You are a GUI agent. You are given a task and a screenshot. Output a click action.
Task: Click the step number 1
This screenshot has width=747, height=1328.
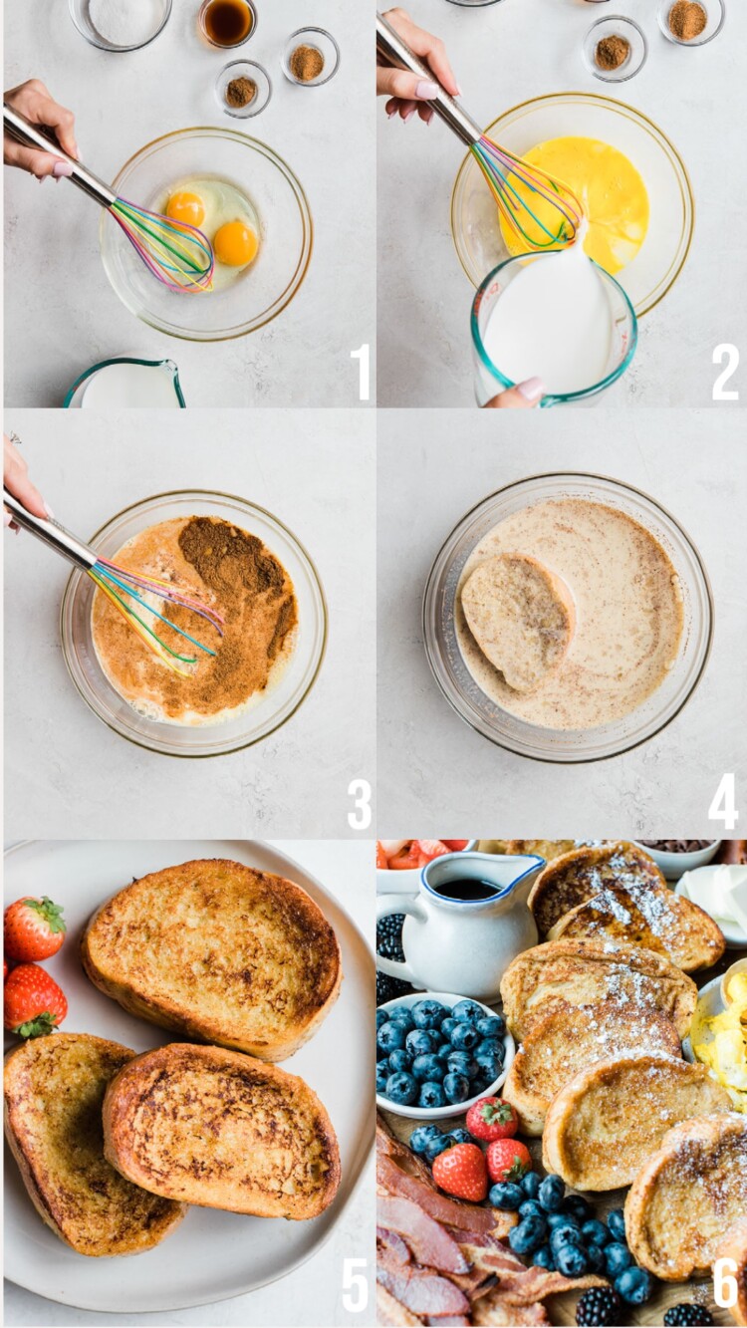click(360, 372)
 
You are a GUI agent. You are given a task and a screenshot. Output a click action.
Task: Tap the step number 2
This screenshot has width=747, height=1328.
click(725, 372)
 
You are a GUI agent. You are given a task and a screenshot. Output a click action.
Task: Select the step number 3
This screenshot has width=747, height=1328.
click(360, 804)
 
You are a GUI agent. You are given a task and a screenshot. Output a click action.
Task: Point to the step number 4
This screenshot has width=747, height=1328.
click(723, 802)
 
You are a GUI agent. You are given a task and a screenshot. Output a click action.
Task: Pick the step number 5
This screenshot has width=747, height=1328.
click(356, 1285)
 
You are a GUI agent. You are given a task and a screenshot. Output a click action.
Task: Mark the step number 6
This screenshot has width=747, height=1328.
click(725, 1283)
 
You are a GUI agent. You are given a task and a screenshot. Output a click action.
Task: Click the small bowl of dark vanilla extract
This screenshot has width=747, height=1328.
click(227, 21)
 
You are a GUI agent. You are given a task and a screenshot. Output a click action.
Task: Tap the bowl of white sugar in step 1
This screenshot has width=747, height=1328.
click(120, 20)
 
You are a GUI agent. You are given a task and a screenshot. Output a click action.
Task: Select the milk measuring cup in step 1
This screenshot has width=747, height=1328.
click(125, 385)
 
